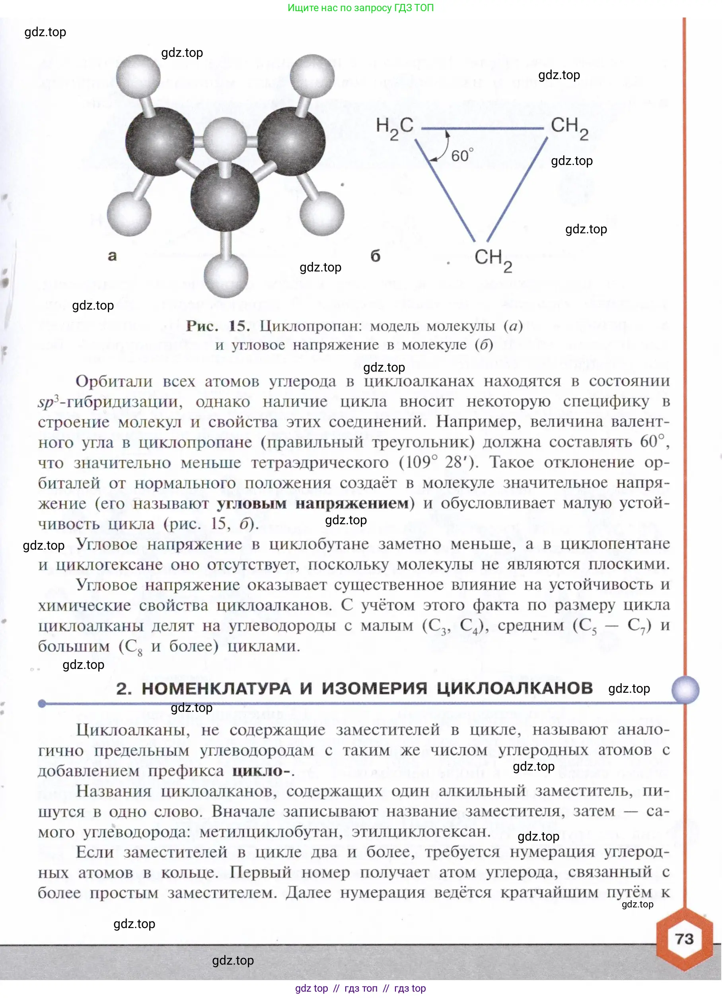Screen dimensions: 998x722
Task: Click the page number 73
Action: click(684, 939)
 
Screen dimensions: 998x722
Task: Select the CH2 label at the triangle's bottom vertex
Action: click(493, 260)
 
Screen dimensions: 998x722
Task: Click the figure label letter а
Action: click(112, 256)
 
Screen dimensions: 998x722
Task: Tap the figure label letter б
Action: click(375, 256)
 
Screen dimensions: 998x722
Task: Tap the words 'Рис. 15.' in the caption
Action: click(218, 326)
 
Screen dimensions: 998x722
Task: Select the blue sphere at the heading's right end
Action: click(685, 690)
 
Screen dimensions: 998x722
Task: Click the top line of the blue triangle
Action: click(483, 128)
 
